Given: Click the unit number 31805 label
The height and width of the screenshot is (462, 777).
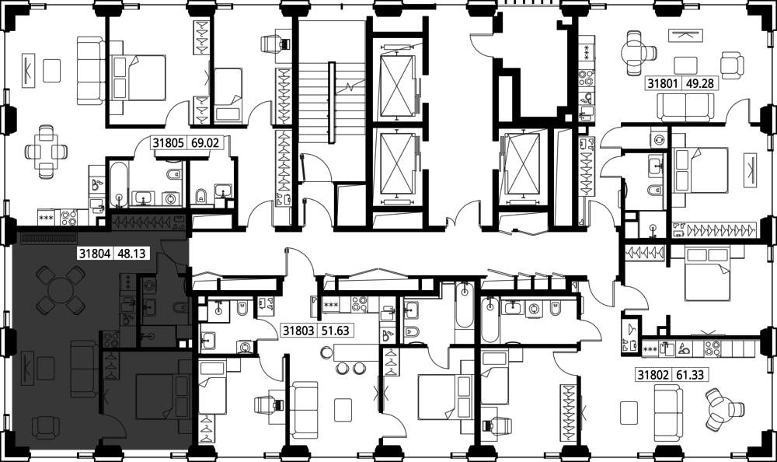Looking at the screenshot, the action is pos(169,143).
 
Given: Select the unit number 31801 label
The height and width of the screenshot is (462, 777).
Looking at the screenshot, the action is pos(663,83).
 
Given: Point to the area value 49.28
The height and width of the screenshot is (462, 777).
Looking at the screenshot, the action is pos(699,83).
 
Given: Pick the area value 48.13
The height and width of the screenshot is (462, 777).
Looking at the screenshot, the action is pos(132,254).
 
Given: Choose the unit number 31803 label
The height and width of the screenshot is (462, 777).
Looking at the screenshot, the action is pos(299,331).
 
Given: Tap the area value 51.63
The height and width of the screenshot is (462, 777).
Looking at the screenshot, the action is pos(336,331).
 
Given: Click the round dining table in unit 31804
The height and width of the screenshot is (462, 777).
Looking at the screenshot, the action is pos(61,290).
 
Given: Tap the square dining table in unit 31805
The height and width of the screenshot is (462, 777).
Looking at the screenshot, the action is pos(46,152).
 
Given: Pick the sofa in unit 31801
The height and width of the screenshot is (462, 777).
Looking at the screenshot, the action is pos(686,107).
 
